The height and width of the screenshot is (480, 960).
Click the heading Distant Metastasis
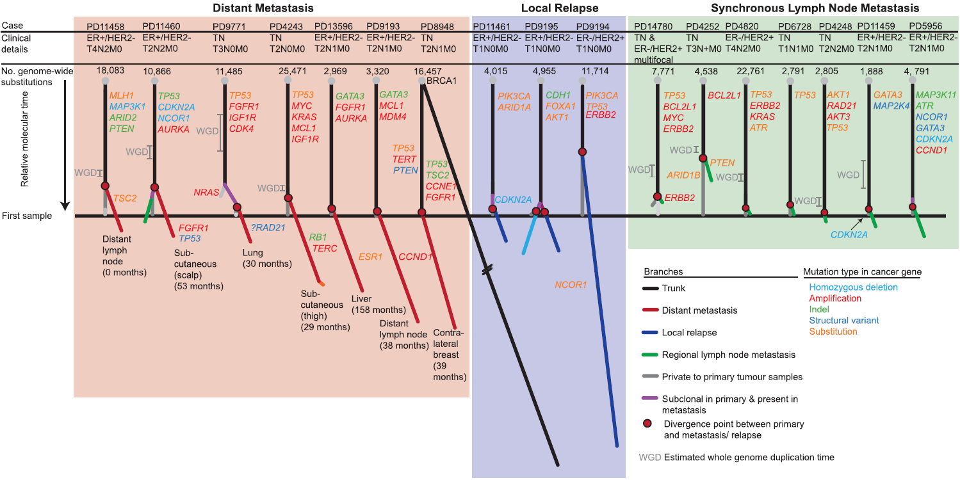[x=263, y=8]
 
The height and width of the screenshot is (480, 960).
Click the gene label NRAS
[x=206, y=191]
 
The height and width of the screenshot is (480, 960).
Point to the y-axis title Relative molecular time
[x=24, y=138]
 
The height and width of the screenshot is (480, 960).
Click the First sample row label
[x=29, y=216]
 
